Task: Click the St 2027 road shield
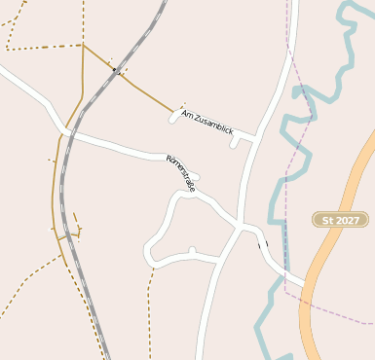[341, 220]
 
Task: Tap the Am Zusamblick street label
[207, 123]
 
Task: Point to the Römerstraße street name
[181, 172]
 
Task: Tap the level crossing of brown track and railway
[116, 70]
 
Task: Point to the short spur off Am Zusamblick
[234, 142]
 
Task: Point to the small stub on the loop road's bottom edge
[192, 251]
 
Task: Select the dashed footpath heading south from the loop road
[151, 311]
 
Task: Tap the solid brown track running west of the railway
[56, 195]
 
